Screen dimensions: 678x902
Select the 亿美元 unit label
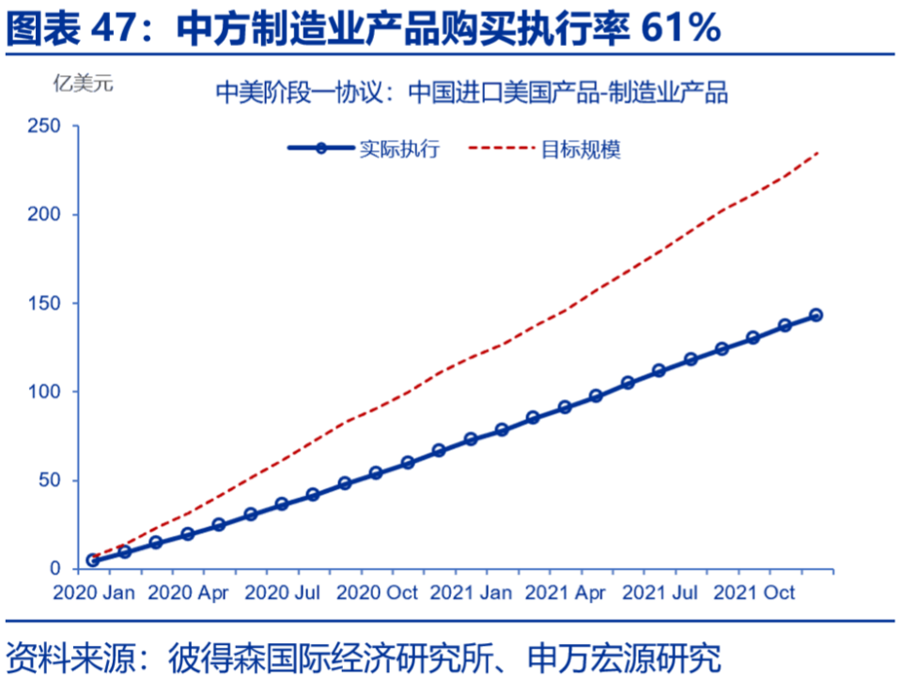82,84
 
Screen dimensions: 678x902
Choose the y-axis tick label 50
53,481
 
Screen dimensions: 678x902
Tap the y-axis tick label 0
58,569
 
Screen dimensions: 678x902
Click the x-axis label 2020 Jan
93,593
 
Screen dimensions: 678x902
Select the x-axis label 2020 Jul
281,593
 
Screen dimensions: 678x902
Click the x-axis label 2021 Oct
754,593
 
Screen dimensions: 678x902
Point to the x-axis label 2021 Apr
565,593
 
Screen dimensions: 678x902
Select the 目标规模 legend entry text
581,148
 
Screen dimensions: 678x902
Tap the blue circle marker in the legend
321,148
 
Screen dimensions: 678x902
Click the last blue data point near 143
816,316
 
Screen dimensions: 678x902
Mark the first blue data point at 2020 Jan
93,560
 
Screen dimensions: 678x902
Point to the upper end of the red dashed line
818,152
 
